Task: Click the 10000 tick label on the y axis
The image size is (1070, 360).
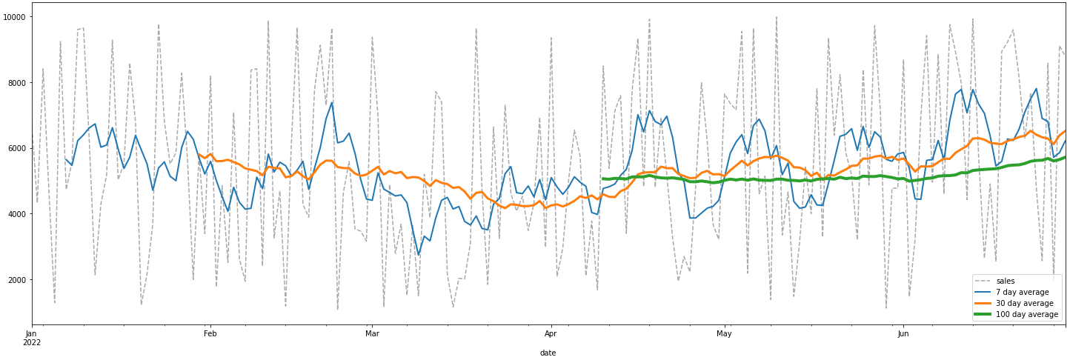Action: pos(14,16)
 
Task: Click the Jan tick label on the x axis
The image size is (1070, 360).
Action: pos(31,334)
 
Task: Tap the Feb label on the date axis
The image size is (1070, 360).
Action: pos(210,334)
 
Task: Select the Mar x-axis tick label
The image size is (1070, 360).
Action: pos(372,334)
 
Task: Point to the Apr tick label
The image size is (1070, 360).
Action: pos(551,334)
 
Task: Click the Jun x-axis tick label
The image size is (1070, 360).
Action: pos(903,334)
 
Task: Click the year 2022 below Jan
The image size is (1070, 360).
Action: pos(31,343)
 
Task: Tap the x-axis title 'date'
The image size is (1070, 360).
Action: pos(548,353)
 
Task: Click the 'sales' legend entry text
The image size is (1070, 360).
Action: pos(1006,281)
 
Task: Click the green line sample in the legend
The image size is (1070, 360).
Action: pos(986,315)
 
